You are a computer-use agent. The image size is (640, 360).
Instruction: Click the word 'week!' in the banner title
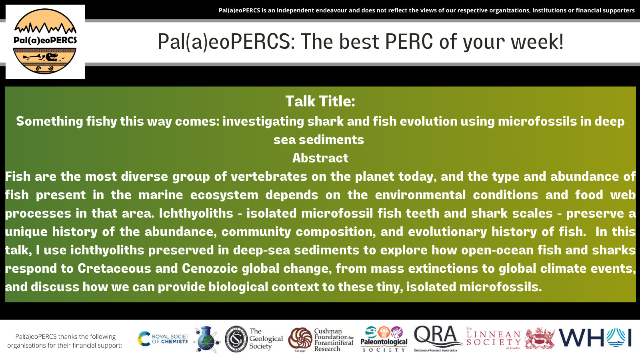pyautogui.click(x=537, y=42)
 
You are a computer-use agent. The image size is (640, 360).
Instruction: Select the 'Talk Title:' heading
pyautogui.click(x=320, y=101)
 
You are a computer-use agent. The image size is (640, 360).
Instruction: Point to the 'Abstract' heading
pyautogui.click(x=320, y=158)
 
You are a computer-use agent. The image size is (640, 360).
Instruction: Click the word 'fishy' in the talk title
pyautogui.click(x=102, y=122)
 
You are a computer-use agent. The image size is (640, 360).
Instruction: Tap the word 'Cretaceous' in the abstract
pyautogui.click(x=114, y=268)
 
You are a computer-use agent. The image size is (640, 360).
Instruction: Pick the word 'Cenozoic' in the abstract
pyautogui.click(x=210, y=268)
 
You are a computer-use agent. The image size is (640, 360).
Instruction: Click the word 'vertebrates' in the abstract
pyautogui.click(x=269, y=176)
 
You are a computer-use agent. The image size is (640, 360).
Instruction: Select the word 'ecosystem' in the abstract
pyautogui.click(x=224, y=195)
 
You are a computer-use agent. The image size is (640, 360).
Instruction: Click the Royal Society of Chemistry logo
pyautogui.click(x=162, y=339)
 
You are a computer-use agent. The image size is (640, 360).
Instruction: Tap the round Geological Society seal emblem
pyautogui.click(x=236, y=339)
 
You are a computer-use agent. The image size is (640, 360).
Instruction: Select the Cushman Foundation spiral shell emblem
pyautogui.click(x=300, y=339)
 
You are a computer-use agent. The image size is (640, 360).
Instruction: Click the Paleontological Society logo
pyautogui.click(x=384, y=339)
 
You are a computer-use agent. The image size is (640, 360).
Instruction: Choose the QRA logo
pyautogui.click(x=437, y=338)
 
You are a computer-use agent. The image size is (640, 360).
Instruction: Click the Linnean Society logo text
pyautogui.click(x=494, y=338)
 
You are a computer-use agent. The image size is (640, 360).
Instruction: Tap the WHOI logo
pyautogui.click(x=595, y=338)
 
